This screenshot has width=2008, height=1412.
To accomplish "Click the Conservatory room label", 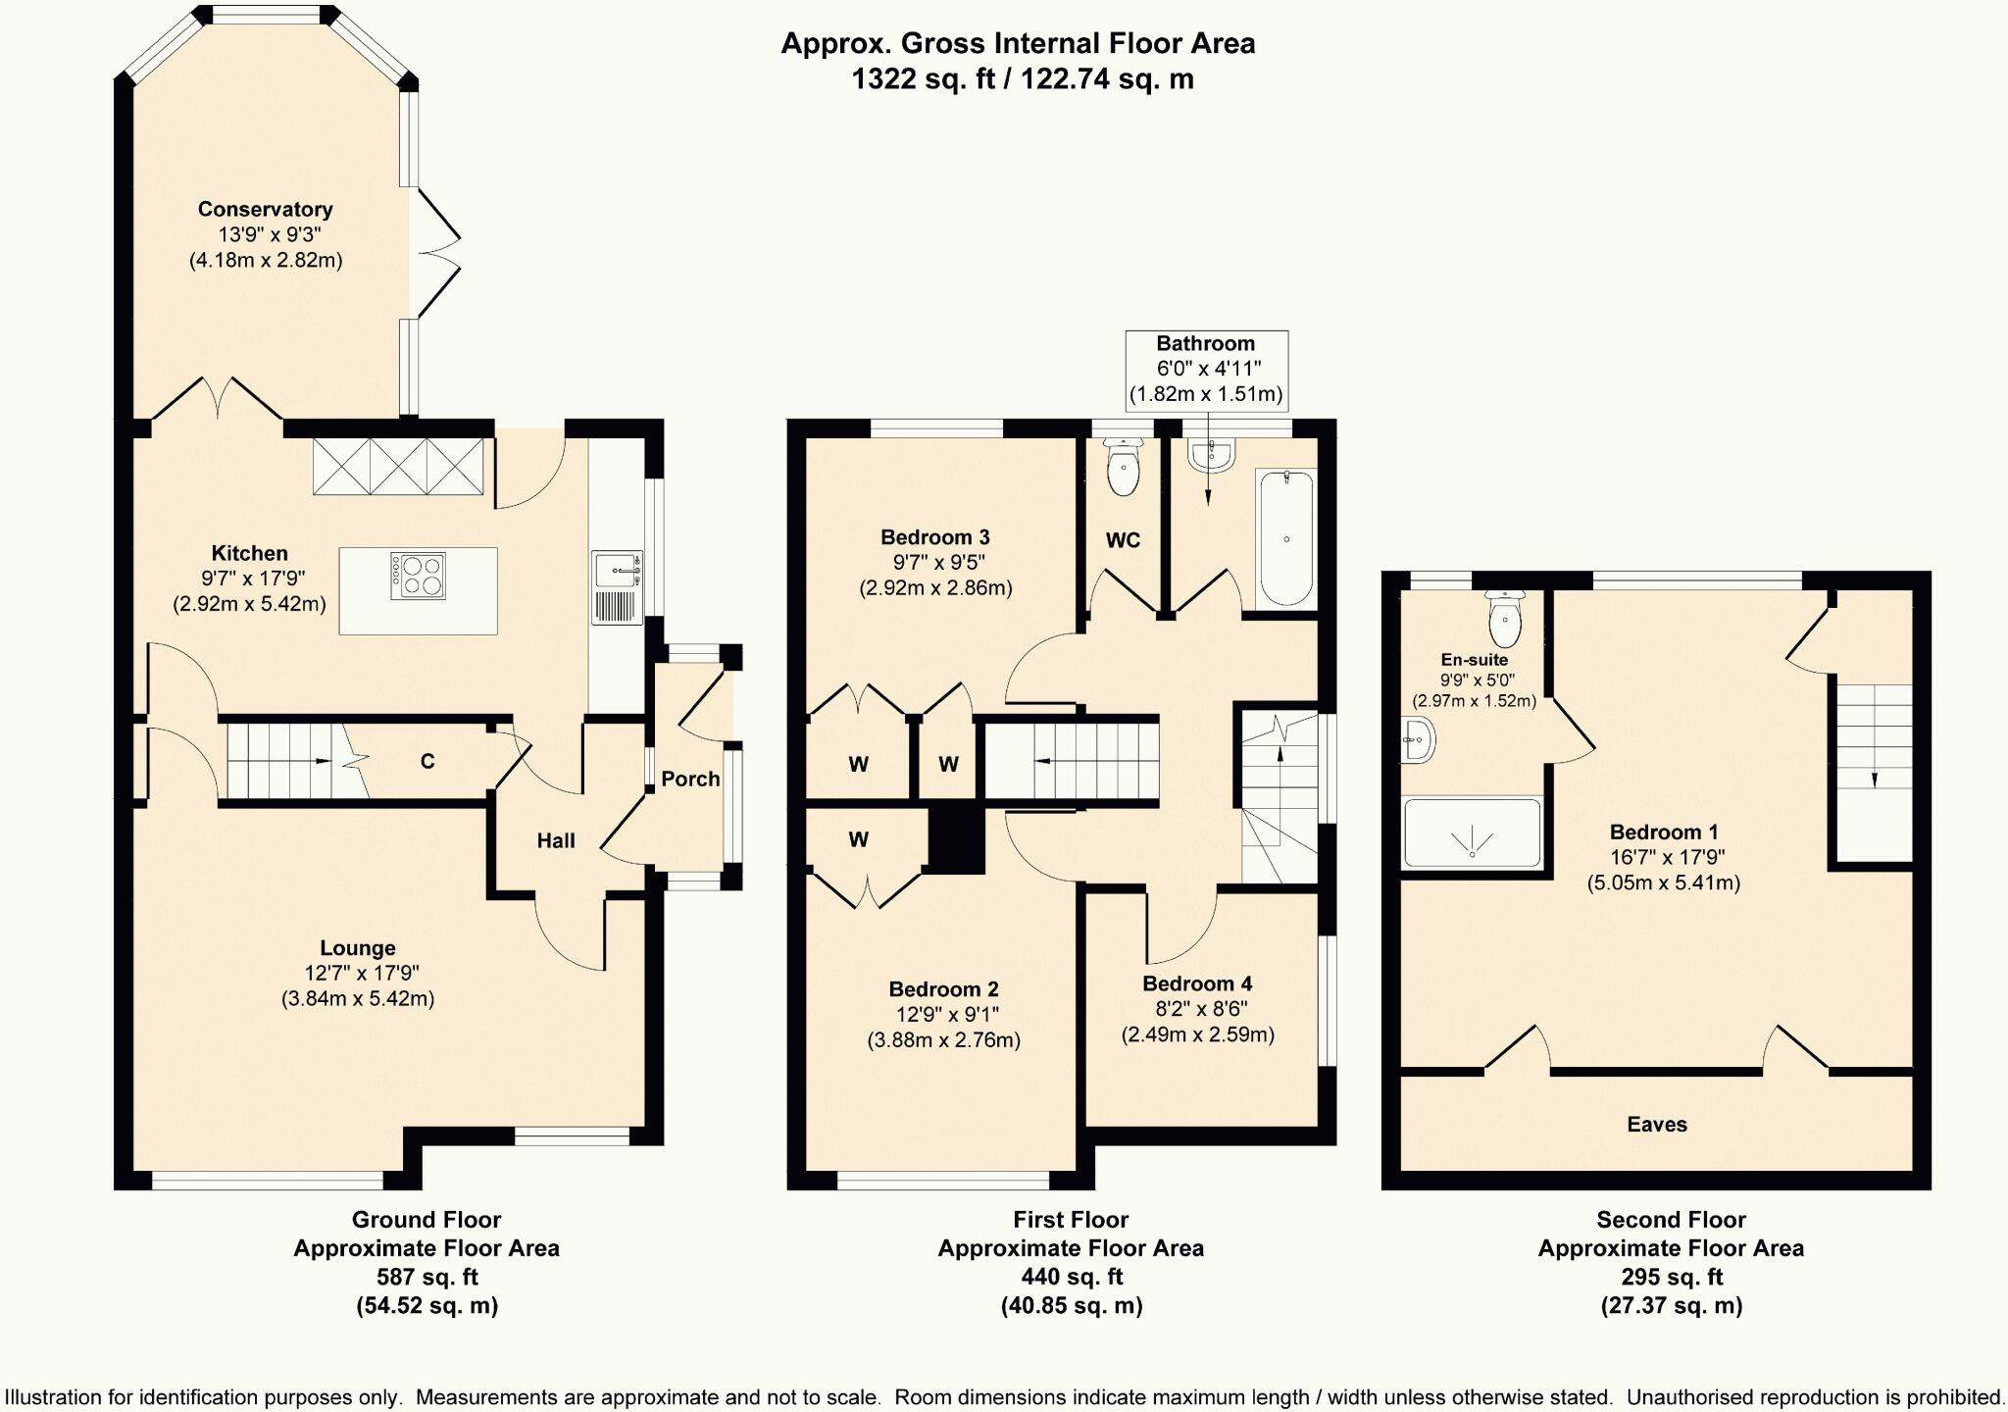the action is pos(265,209).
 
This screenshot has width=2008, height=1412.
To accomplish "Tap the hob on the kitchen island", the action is pos(419,576).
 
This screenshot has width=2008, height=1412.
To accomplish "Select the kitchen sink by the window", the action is pos(618,587).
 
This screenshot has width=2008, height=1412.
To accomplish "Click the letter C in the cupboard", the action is pos(427,761).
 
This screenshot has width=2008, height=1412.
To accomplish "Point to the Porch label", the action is pos(690,779).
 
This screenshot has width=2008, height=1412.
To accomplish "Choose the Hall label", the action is pos(556,840).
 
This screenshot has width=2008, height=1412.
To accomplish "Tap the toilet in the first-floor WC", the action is pos(1123,468).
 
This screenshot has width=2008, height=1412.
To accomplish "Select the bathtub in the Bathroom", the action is pos(1285,537).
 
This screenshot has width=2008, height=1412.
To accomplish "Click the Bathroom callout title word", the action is pos(1206,343).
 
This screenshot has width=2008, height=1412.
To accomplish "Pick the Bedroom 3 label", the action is pos(935,537).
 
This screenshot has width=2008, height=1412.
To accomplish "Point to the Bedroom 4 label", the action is pos(1197,983).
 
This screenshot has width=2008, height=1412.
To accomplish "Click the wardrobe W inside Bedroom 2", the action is pos(859,839).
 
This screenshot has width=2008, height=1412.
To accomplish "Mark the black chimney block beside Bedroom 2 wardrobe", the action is pos(956,836).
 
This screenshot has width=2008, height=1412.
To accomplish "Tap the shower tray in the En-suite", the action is pos(1472,832).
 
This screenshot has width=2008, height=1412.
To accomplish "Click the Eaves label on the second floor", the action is pos(1657,1125).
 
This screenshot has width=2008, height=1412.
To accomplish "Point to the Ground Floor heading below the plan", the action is pos(427,1220).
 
